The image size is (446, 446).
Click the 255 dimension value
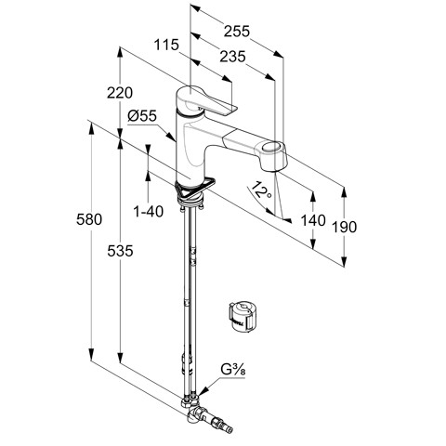[237, 32]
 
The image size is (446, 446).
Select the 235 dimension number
[232, 57]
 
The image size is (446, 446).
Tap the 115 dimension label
[166, 45]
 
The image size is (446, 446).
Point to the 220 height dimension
[120, 93]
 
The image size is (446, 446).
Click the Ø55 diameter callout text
[142, 116]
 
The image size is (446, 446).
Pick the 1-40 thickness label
[148, 212]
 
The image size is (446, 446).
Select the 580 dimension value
[89, 219]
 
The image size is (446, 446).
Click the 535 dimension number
[120, 251]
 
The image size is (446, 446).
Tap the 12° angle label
[261, 190]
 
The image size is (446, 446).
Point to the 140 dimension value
[313, 220]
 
